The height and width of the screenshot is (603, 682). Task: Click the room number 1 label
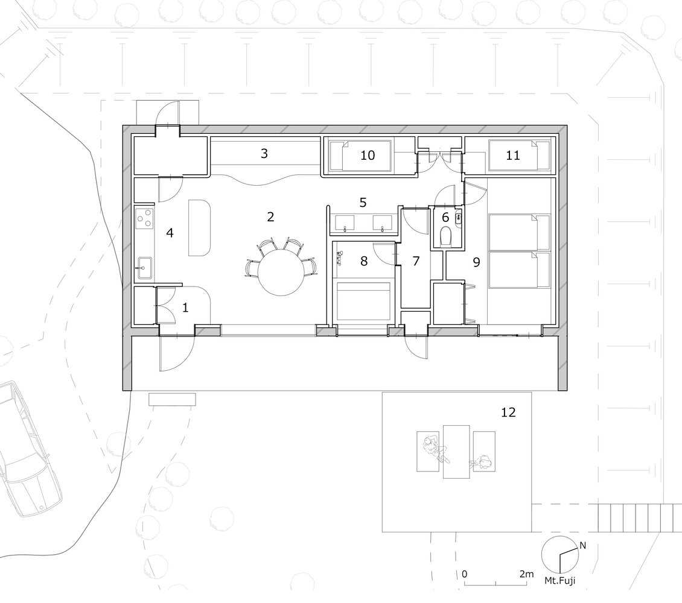pyautogui.click(x=186, y=308)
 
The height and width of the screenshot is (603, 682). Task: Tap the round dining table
pyautogui.click(x=281, y=273)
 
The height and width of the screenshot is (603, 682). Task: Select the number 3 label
pyautogui.click(x=264, y=153)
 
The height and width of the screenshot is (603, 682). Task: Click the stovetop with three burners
pyautogui.click(x=145, y=218)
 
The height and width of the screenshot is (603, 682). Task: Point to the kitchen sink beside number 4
pyautogui.click(x=144, y=268)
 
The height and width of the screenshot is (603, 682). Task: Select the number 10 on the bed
pyautogui.click(x=368, y=155)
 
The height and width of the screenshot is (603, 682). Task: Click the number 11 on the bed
pyautogui.click(x=513, y=155)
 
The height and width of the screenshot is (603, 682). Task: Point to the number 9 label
pyautogui.click(x=476, y=262)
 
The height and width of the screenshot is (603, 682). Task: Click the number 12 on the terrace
pyautogui.click(x=508, y=412)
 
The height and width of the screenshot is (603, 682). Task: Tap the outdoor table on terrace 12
pyautogui.click(x=456, y=452)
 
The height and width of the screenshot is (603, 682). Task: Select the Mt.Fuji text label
pyautogui.click(x=559, y=580)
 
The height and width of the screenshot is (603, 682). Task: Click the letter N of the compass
pyautogui.click(x=583, y=546)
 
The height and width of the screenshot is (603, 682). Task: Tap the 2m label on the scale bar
pyautogui.click(x=526, y=574)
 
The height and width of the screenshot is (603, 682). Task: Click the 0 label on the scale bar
pyautogui.click(x=465, y=574)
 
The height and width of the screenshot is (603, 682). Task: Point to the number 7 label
pyautogui.click(x=416, y=261)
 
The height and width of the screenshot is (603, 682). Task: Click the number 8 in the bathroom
pyautogui.click(x=364, y=261)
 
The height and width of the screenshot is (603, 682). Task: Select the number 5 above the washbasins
pyautogui.click(x=363, y=203)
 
